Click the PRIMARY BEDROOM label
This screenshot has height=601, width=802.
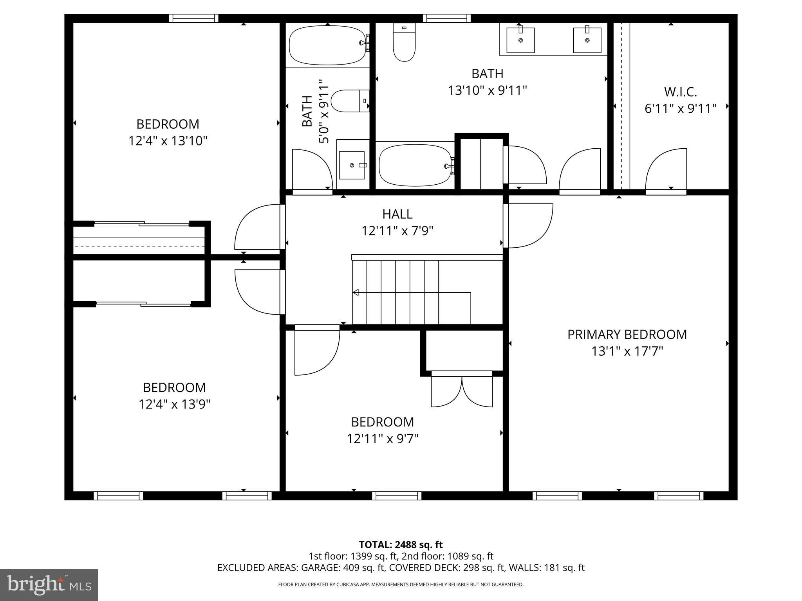pos(627,335)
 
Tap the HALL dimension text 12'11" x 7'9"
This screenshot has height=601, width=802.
pos(397,231)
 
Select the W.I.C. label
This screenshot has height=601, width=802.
pos(680,92)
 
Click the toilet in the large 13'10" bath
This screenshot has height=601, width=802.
pos(404,42)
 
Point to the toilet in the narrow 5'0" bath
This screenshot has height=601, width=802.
pos(350,101)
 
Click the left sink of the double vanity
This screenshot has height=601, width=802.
pos(520,40)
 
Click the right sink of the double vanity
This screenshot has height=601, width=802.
pos(587,40)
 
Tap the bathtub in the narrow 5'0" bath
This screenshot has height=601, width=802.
pos(328,45)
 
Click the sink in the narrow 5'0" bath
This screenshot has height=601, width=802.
pos(352,165)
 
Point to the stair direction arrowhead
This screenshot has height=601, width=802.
pos(356,292)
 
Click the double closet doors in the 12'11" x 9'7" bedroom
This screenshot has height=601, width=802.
pos(462,391)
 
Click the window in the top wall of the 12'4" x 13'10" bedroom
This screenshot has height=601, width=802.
pos(194,18)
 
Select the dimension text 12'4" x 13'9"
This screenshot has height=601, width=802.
pos(174,404)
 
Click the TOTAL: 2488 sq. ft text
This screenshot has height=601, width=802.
pos(401,545)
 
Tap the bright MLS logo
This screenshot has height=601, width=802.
pos(49,585)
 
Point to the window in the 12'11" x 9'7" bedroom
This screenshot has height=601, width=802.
pos(396,496)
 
